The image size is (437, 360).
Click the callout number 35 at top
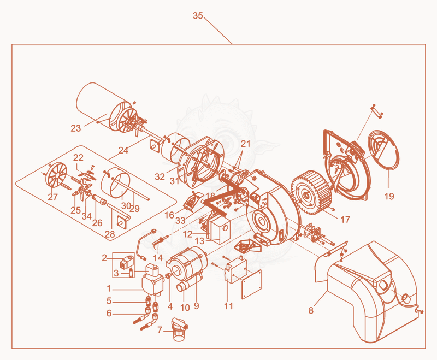198,16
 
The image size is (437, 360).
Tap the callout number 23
75,128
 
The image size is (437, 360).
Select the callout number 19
389,197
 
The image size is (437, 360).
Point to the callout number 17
345,220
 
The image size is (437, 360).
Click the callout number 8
311,310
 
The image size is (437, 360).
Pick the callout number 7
160,330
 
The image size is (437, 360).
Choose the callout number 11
228,306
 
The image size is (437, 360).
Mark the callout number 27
52,197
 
